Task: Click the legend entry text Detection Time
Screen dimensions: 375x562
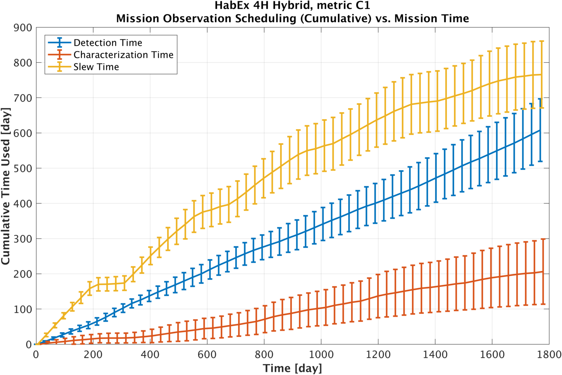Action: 108,42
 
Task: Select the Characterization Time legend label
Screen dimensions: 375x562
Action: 123,55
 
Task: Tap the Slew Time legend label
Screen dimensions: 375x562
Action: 96,67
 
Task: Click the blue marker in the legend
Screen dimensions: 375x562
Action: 59,42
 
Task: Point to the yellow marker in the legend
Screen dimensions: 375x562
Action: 59,67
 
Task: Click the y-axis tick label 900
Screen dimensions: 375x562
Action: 23,28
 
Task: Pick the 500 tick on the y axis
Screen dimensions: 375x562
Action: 23,168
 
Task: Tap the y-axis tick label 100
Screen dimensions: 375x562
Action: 23,309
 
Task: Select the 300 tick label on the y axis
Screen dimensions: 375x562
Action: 23,239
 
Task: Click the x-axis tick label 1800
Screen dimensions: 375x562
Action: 549,354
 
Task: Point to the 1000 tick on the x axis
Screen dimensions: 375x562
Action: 321,354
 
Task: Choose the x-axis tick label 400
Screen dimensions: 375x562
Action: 150,354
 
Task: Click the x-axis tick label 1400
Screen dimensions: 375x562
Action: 435,354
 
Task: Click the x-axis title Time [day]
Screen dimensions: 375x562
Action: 292,368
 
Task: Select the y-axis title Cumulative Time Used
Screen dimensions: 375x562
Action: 6,186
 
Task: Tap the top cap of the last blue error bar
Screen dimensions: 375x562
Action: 540,99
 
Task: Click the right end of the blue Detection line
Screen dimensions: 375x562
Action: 540,130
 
